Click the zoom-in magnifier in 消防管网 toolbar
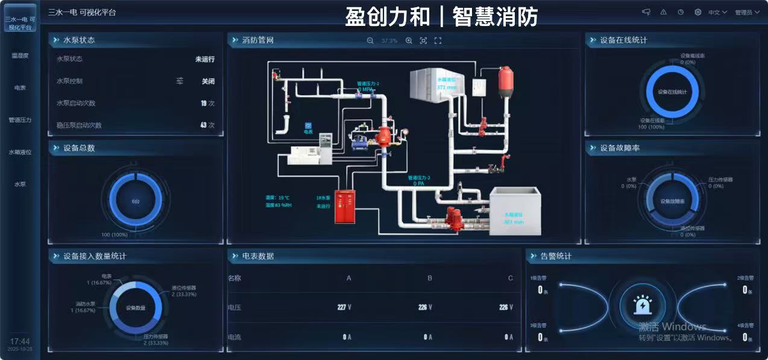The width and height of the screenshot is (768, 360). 409,40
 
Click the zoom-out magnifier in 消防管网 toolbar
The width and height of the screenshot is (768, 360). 370,40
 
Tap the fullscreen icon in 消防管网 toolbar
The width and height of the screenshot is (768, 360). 438,40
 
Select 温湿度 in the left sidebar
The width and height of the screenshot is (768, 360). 20,55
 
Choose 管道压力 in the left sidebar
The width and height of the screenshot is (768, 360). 20,120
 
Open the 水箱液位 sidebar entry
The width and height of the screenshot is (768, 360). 20,152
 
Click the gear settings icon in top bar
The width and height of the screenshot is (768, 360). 698,12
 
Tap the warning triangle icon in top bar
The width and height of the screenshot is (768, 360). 664,12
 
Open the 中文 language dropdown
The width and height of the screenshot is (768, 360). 717,12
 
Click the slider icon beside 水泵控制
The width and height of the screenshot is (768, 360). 180,81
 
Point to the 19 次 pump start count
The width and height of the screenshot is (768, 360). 207,103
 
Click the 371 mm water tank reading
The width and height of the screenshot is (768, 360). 447,87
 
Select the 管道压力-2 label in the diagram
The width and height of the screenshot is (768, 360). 419,178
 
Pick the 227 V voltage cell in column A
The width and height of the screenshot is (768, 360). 344,307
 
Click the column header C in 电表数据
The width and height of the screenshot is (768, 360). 511,278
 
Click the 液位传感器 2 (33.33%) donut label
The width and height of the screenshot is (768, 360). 183,291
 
